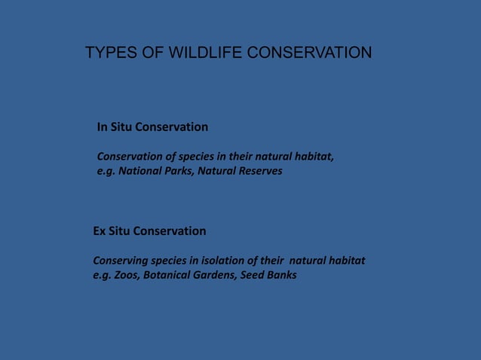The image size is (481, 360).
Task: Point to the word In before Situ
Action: pyautogui.click(x=103, y=127)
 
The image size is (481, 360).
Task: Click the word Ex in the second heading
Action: pyautogui.click(x=100, y=230)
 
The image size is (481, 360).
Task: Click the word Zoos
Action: pyautogui.click(x=127, y=275)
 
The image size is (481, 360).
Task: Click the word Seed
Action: pyautogui.click(x=255, y=275)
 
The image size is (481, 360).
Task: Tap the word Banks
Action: pyautogui.click(x=283, y=275)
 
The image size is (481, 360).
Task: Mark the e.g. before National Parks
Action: pyautogui.click(x=106, y=172)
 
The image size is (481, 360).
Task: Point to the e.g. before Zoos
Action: pyautogui.click(x=102, y=276)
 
